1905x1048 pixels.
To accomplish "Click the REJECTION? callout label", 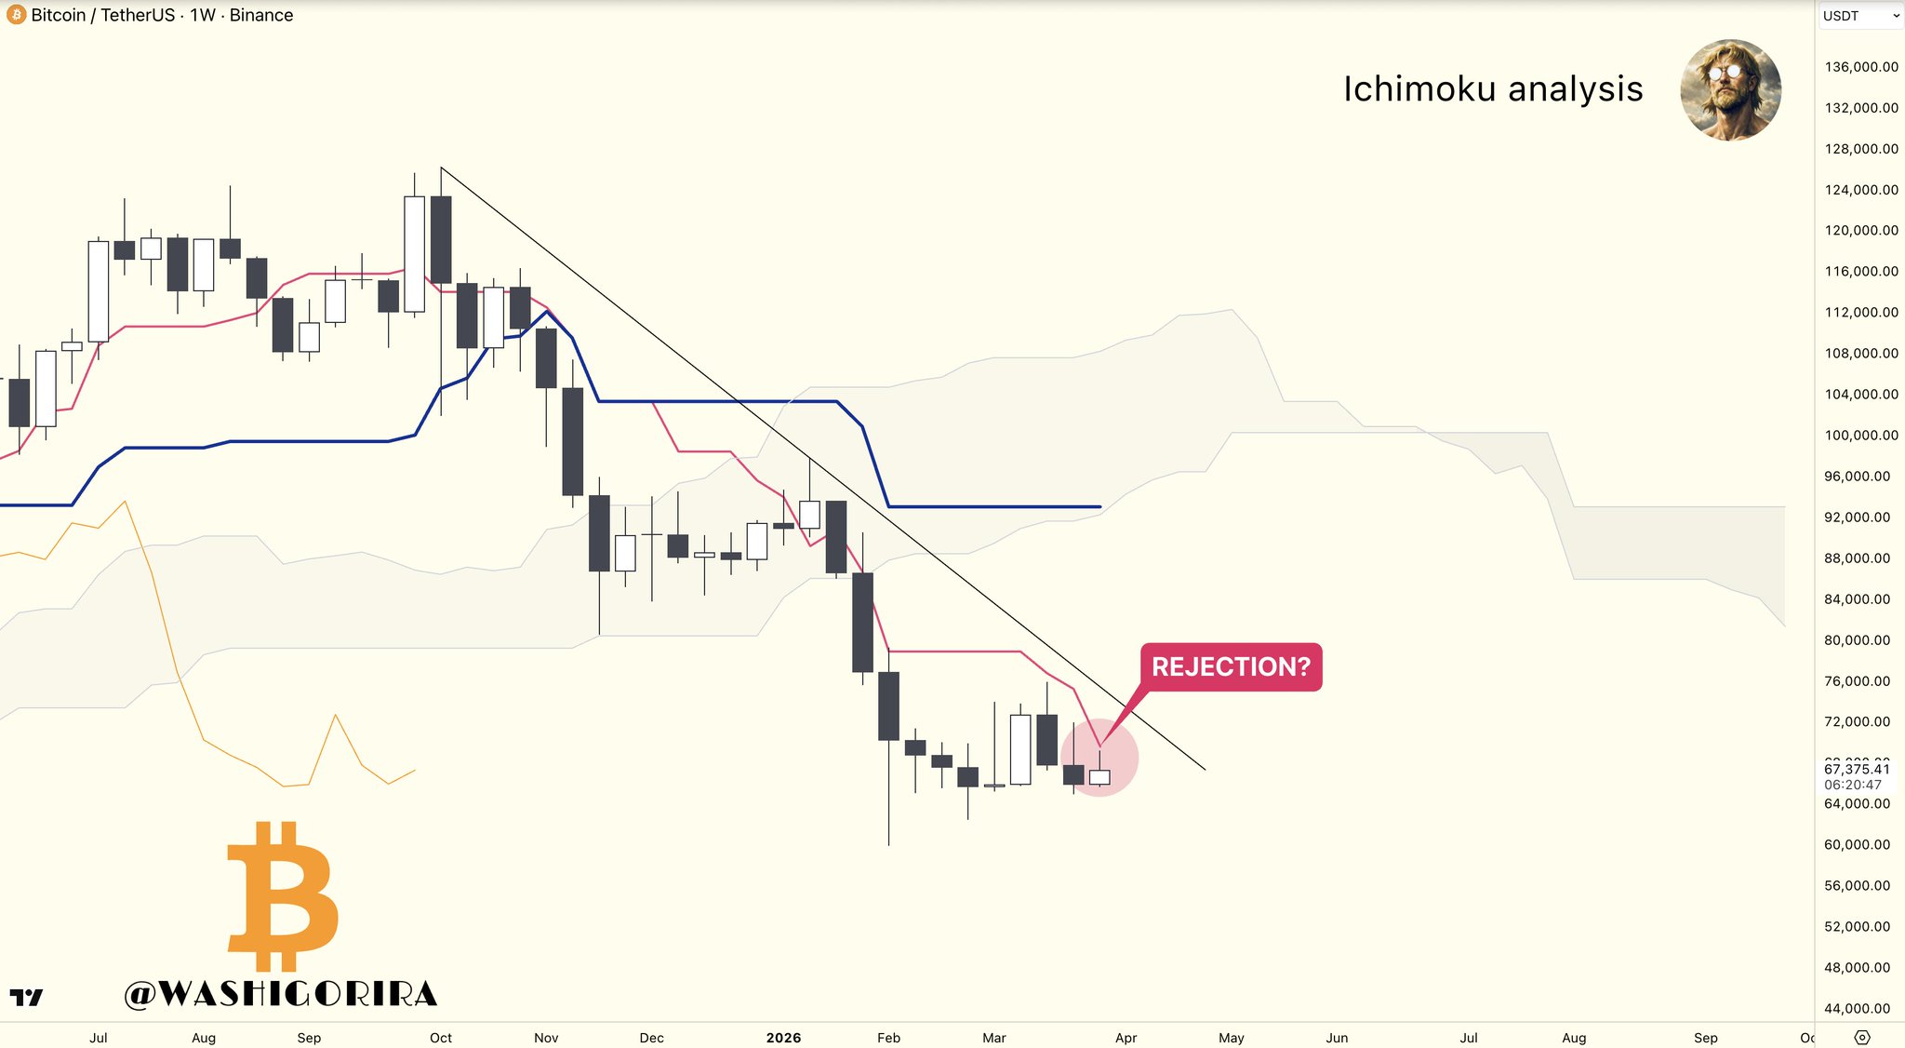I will coord(1231,666).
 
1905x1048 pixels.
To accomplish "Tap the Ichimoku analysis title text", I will coord(1492,89).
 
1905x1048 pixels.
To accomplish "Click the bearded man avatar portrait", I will coord(1730,90).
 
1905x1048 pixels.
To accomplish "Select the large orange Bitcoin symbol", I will coord(283,896).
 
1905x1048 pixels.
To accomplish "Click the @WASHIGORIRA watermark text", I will coord(281,994).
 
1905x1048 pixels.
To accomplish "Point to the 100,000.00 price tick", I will coord(1860,436).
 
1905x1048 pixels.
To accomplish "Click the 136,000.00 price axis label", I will coord(1860,67).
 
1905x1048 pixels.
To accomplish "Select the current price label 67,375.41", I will coord(1857,769).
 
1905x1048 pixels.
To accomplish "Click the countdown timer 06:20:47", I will coord(1853,785).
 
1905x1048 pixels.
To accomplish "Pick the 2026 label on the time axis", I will coord(783,1038).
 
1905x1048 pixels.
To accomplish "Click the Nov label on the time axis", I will coord(546,1038).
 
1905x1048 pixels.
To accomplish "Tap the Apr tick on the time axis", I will coord(1126,1038).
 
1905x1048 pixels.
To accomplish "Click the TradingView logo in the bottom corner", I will coord(26,997).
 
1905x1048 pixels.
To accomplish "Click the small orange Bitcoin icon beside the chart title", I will coord(16,15).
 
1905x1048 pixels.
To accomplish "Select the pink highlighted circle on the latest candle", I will coord(1099,758).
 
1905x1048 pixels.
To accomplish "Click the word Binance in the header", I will coord(261,15).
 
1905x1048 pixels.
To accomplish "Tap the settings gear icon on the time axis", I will coord(1862,1037).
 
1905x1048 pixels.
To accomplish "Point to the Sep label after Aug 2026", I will coord(1705,1038).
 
